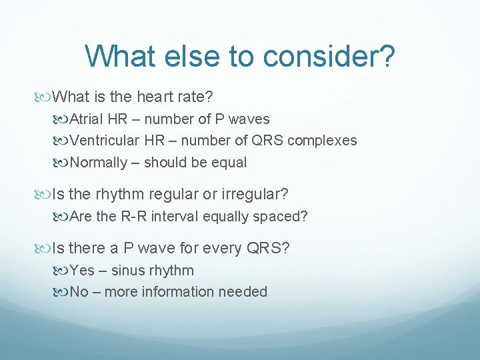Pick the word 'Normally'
[99, 162]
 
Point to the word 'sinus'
[129, 271]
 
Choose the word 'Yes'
[82, 271]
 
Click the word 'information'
[182, 292]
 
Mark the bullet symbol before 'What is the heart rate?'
[45, 97]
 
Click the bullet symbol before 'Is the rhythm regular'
[45, 195]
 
